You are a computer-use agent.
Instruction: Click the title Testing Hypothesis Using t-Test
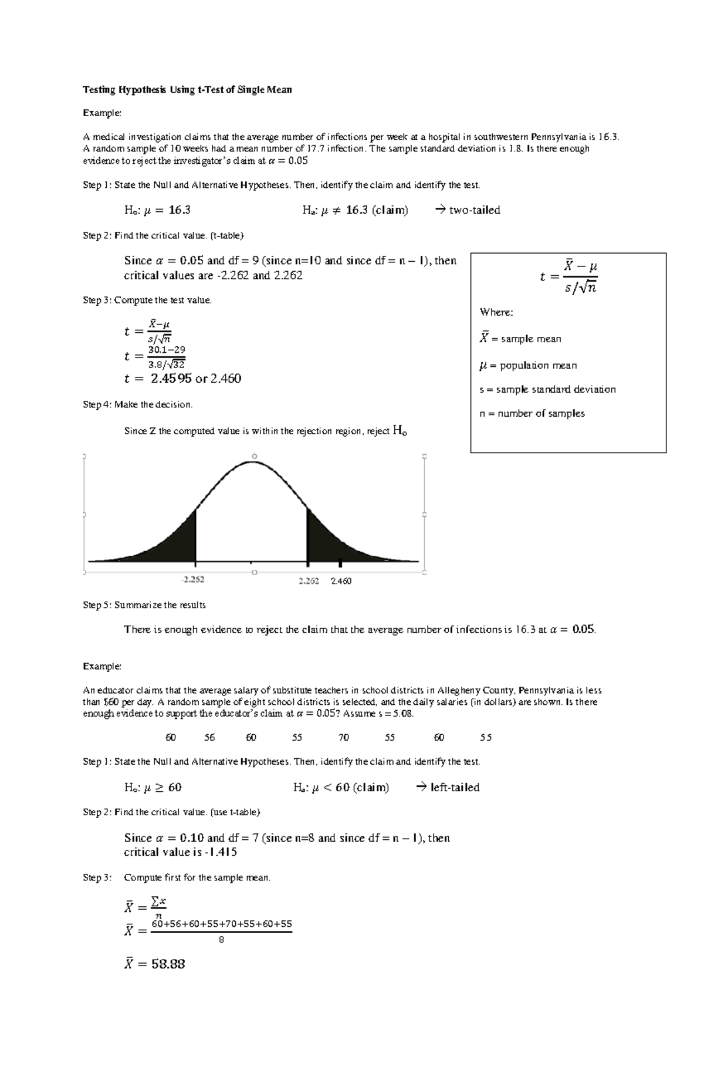pyautogui.click(x=187, y=90)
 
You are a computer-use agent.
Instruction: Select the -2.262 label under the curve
pyautogui.click(x=192, y=580)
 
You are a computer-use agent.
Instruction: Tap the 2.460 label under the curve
pyautogui.click(x=341, y=581)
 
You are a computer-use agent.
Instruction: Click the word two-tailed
pyautogui.click(x=474, y=210)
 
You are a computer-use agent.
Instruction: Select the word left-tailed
pyautogui.click(x=455, y=788)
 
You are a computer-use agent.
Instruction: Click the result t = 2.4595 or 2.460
pyautogui.click(x=182, y=379)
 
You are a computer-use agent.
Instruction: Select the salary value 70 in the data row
pyautogui.click(x=344, y=738)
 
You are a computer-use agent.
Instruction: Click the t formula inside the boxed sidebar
pyautogui.click(x=568, y=276)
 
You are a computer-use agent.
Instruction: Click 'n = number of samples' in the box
pyautogui.click(x=532, y=414)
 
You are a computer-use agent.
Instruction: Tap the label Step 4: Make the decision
pyautogui.click(x=138, y=404)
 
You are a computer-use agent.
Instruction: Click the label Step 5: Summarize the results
pyautogui.click(x=144, y=605)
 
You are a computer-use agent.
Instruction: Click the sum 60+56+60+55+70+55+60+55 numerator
pyautogui.click(x=221, y=924)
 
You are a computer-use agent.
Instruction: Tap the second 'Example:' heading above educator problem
pyautogui.click(x=102, y=666)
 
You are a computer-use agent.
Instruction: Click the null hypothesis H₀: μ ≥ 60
pyautogui.click(x=153, y=788)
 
